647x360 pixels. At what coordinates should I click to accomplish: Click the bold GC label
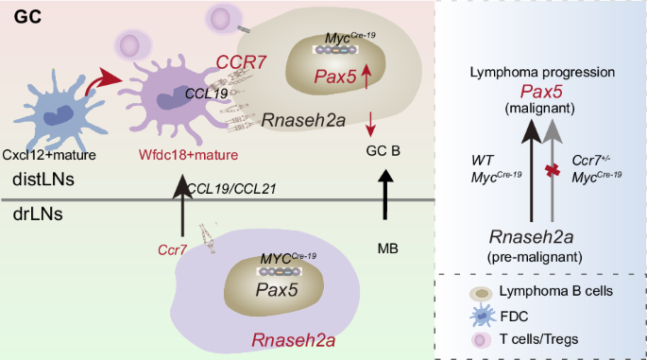(27, 17)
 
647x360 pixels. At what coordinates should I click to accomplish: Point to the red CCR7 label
(242, 62)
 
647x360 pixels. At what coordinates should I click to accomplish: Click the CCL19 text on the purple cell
(206, 94)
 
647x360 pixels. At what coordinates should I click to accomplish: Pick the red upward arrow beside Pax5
(366, 77)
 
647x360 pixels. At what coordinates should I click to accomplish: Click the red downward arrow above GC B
(370, 124)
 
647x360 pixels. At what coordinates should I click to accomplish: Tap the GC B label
(383, 150)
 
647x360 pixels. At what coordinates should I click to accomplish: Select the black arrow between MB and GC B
(385, 194)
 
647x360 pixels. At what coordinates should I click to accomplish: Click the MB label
(388, 249)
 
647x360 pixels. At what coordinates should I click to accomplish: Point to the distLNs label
(43, 180)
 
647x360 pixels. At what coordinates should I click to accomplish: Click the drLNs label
(38, 214)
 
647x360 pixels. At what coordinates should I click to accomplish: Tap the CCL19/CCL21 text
(231, 189)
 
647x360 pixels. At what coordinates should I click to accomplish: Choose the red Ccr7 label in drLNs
(173, 249)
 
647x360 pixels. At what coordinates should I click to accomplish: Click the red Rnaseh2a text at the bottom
(294, 340)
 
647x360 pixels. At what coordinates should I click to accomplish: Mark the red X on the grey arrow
(553, 170)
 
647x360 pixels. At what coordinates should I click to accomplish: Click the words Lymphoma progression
(542, 72)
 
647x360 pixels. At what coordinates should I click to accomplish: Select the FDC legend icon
(482, 316)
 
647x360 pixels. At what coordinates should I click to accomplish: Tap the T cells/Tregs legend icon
(481, 340)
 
